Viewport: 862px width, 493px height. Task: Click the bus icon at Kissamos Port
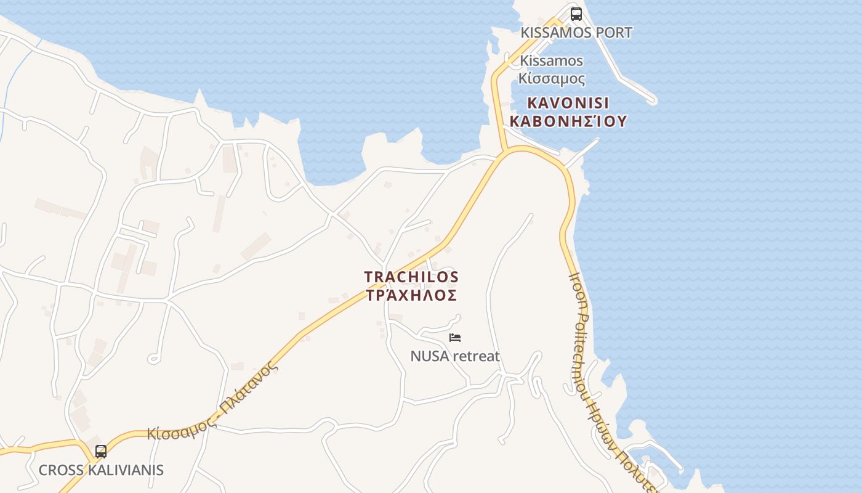[576, 14]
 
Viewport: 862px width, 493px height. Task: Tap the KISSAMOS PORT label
[576, 33]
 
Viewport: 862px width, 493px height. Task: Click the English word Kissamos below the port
[552, 60]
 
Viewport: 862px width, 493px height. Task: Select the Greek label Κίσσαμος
[552, 78]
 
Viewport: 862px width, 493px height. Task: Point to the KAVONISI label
[568, 103]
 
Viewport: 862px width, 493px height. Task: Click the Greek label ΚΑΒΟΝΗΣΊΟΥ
[568, 121]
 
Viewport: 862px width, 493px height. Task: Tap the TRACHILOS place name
[411, 277]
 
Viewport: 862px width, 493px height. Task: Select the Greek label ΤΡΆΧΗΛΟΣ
[411, 295]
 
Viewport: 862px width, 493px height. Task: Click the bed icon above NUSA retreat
[455, 337]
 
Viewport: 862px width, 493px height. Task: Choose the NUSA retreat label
[455, 356]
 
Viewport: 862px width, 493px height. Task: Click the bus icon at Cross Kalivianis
[101, 451]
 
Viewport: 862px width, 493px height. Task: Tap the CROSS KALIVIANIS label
[101, 470]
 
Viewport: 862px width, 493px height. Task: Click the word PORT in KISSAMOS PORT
[613, 33]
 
